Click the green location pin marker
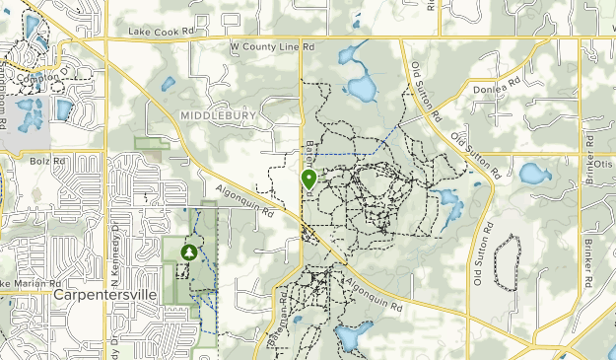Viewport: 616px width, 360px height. click(x=308, y=180)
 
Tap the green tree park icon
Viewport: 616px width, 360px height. click(x=188, y=252)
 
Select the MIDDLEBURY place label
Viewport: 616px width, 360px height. click(x=218, y=116)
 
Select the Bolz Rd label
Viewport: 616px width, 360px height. click(x=46, y=159)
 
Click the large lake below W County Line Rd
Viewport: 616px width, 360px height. click(x=360, y=87)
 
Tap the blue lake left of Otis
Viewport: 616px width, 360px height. click(x=534, y=175)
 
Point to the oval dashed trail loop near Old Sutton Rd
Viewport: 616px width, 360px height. click(x=506, y=261)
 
